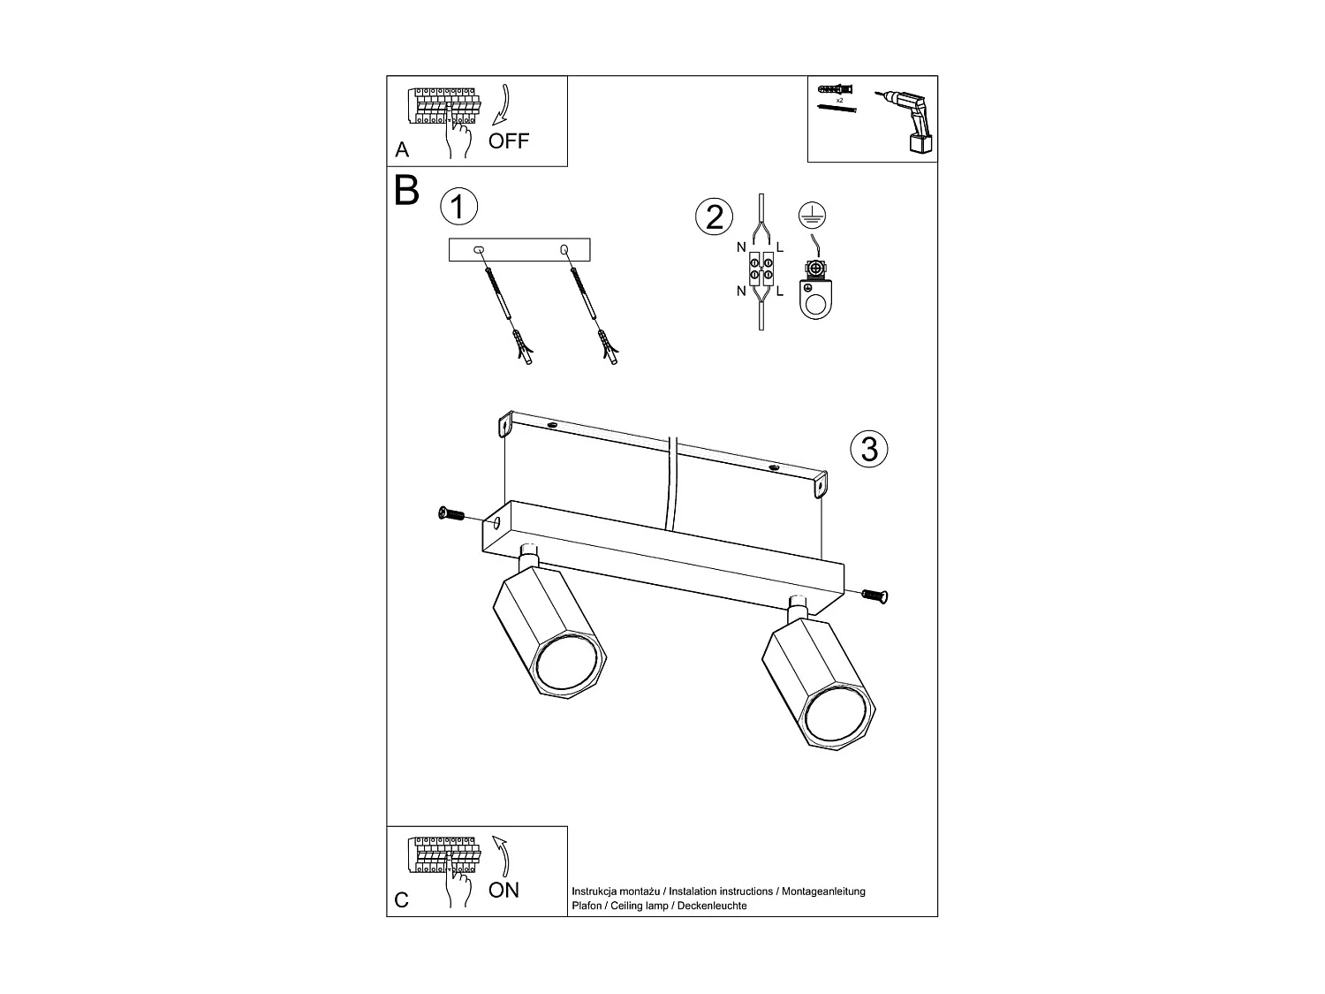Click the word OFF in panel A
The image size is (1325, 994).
click(x=509, y=140)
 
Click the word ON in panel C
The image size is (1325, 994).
click(x=503, y=890)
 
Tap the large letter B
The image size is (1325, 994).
click(x=406, y=190)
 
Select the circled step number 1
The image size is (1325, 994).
click(x=458, y=207)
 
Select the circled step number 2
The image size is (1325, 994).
click(x=715, y=216)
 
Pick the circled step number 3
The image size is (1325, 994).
click(x=868, y=449)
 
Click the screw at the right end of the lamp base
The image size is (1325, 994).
click(x=874, y=597)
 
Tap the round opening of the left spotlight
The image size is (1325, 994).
click(x=566, y=663)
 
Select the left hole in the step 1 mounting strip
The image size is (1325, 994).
click(x=479, y=251)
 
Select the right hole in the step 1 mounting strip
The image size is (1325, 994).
click(x=564, y=251)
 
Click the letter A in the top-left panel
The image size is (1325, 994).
click(x=403, y=150)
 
